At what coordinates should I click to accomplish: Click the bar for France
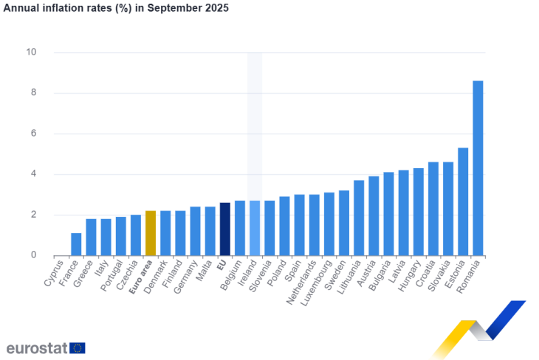(x=76, y=244)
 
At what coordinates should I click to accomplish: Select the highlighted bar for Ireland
(x=255, y=228)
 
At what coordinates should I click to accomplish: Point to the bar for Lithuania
(x=359, y=218)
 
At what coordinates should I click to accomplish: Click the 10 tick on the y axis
(x=31, y=52)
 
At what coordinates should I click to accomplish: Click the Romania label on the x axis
(x=470, y=276)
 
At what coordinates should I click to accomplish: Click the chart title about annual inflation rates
(x=116, y=8)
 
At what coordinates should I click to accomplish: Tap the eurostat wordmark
(x=36, y=347)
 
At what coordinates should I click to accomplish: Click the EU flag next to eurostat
(x=78, y=347)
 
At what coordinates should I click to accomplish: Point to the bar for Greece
(x=92, y=237)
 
